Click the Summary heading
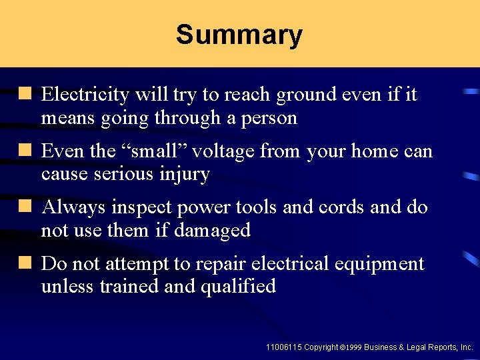pos(239,35)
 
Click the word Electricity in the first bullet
pos(85,95)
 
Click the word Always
pos(73,207)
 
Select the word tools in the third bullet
pos(253,207)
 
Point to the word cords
pos(333,207)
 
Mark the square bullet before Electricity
pos(26,95)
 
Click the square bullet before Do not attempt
pos(26,264)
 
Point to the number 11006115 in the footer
pos(283,347)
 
